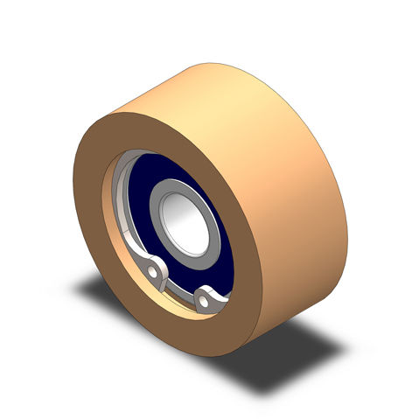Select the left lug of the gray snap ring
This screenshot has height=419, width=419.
[x=155, y=270]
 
